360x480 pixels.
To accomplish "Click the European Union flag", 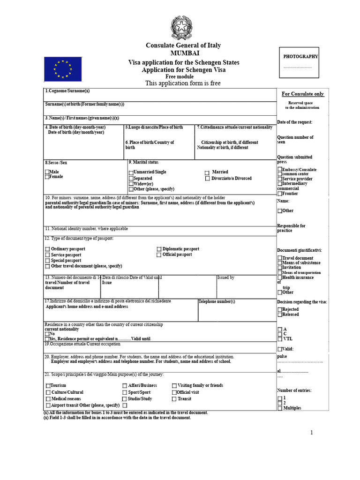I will tap(63, 69).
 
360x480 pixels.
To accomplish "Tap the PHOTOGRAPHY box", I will tap(299, 62).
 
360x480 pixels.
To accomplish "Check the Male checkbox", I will tap(47, 172).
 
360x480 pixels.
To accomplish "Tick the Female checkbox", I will tap(47, 177).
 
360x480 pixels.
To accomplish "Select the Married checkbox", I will tap(207, 172).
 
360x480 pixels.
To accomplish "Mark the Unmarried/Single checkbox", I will tap(131, 172).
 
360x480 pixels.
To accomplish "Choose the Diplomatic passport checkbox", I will tap(159, 249).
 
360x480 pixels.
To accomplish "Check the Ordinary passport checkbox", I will tap(47, 249).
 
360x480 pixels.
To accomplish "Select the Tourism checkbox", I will tap(48, 386).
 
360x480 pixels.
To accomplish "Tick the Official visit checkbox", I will tap(174, 392).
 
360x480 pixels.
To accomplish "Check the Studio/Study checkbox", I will tap(125, 399).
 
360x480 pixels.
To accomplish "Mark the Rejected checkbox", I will tap(280, 309).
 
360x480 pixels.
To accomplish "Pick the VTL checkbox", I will tap(280, 338).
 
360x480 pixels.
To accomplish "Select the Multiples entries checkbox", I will tap(280, 408).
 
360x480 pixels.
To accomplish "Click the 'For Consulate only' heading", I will tap(302, 94).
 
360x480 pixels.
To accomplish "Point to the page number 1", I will tap(311, 433).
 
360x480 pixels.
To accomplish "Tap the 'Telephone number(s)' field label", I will tap(217, 301).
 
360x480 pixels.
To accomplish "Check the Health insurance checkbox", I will tap(280, 277).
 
